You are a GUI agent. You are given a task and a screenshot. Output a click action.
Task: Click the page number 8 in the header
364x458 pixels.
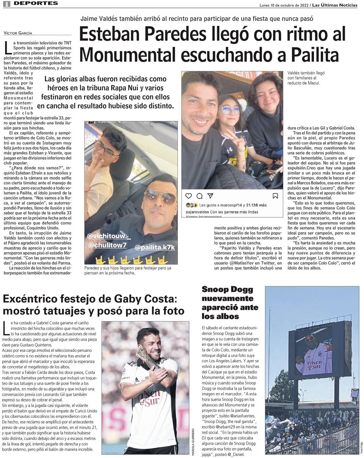7,4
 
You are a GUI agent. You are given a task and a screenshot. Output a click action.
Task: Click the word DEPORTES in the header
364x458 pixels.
36,3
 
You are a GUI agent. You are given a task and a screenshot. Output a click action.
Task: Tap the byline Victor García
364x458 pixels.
18,33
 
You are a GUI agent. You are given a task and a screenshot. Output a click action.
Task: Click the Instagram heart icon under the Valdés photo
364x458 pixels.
188,196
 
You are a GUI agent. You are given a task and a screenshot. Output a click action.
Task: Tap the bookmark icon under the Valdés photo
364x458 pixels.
275,196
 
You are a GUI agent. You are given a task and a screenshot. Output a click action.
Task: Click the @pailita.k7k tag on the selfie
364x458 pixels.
155,247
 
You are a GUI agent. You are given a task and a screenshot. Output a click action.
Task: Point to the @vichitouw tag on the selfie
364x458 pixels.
109,237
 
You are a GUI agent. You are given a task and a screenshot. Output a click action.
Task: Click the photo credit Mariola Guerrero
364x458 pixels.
193,442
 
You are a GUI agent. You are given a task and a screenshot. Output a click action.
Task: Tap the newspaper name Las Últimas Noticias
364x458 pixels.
335,5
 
